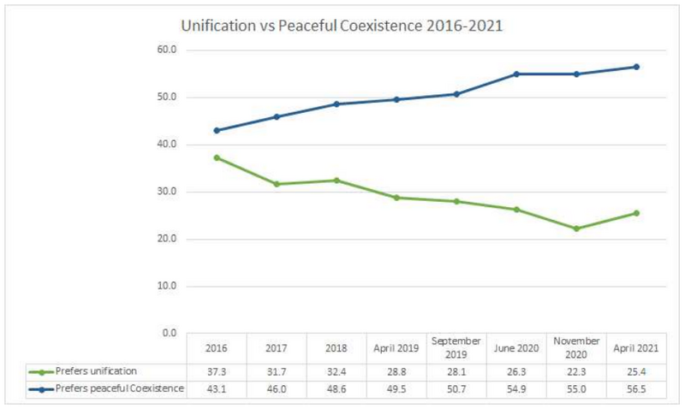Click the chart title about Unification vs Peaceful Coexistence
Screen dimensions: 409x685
(x=342, y=26)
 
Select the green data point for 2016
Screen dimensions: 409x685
(x=217, y=157)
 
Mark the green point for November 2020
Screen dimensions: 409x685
(x=576, y=228)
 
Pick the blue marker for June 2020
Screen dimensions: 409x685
(x=516, y=74)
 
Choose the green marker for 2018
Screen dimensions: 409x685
(x=337, y=181)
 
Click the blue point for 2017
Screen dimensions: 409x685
(x=277, y=116)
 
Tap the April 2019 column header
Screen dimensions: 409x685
(x=396, y=349)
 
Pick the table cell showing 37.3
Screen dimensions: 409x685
(x=217, y=370)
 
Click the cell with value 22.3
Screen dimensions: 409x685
(x=576, y=370)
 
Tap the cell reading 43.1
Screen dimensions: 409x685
(x=217, y=389)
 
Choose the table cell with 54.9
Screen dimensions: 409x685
(x=516, y=389)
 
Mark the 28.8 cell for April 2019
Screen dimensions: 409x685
(x=396, y=370)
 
